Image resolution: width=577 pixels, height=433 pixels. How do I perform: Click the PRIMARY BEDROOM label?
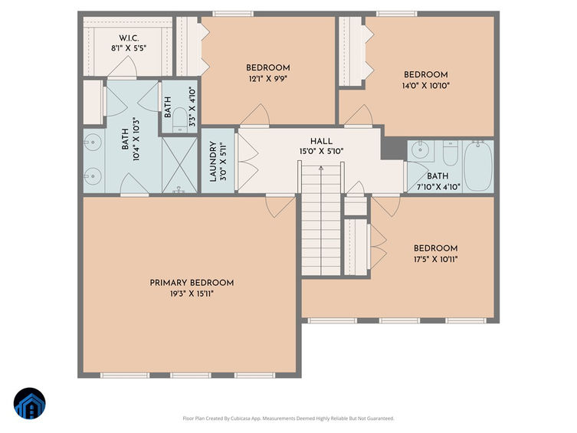192,283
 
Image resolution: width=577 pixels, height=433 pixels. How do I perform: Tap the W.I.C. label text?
129,38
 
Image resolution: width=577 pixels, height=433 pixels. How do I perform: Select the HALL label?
321,141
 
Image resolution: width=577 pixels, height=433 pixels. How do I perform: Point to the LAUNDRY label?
213,162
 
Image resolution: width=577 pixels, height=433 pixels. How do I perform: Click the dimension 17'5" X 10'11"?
436,259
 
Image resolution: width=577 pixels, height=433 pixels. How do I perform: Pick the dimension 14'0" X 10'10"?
426,86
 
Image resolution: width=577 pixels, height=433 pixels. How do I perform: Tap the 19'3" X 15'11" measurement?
192,294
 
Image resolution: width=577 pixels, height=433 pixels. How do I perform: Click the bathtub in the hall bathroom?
478,166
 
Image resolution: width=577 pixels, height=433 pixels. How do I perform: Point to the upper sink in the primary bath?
93,142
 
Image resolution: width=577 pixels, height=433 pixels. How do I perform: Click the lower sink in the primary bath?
93,176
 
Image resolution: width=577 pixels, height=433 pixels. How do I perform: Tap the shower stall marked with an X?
179,165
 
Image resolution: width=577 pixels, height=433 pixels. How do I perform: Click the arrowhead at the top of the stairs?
321,168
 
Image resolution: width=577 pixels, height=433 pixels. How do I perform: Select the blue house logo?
29,404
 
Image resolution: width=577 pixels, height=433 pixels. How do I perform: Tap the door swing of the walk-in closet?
123,67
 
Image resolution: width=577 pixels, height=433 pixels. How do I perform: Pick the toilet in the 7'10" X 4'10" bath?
450,153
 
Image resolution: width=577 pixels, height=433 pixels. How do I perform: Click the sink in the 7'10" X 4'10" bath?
419,149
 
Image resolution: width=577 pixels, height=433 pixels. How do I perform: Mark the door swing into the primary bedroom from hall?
280,207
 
